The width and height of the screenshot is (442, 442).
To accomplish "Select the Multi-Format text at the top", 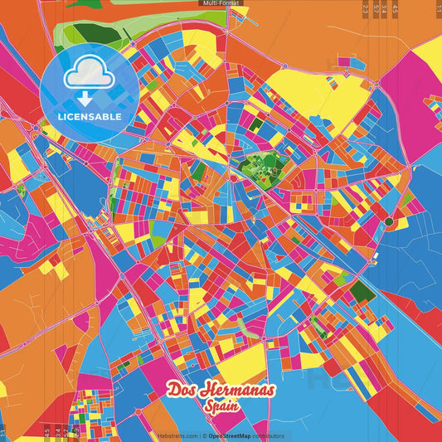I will pos(221,3).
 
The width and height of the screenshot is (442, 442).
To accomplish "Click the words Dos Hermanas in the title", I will pos(220,391).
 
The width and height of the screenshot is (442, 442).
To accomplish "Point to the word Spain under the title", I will pos(220,406).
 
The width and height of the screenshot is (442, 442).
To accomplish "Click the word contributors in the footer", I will pos(269,436).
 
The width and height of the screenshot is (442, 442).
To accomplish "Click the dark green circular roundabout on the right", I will pos(388,221).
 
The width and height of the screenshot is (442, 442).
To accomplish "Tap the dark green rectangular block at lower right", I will pos(362,291).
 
